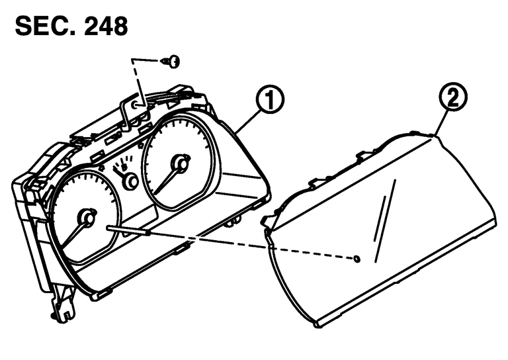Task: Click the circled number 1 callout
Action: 270,100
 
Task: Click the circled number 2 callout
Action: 453,97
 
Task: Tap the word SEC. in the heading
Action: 46,26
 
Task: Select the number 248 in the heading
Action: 106,26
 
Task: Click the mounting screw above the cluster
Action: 171,62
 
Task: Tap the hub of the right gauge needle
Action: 181,163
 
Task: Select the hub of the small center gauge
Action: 131,181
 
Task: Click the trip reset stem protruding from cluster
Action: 128,230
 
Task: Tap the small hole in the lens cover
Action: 357,259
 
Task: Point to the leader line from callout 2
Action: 441,124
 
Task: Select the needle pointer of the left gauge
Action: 72,234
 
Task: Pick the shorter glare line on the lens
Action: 379,218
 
